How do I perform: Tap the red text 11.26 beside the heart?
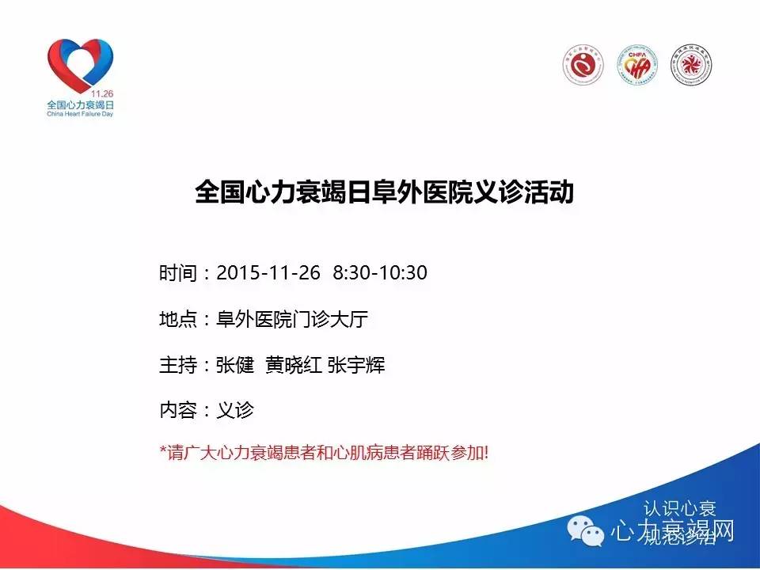(103, 93)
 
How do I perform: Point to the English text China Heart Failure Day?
(81, 114)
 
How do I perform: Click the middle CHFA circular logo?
(637, 65)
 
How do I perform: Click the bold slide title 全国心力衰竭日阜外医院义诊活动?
(384, 193)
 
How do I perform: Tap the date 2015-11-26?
(268, 273)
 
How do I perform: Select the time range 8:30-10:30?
(380, 273)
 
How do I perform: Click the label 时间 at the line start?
(176, 273)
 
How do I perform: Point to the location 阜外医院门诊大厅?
(292, 320)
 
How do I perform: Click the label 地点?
(176, 320)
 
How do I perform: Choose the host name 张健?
(235, 366)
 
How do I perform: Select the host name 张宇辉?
(356, 366)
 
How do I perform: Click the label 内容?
(176, 411)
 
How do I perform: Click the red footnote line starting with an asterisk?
(325, 454)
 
